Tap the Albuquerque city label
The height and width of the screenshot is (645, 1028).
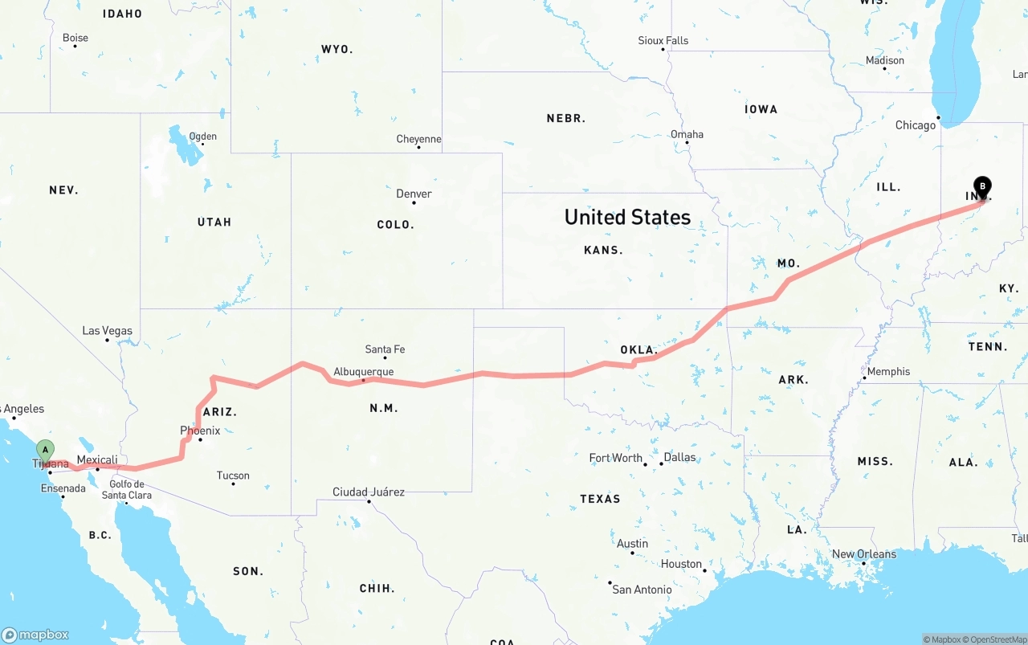[364, 372]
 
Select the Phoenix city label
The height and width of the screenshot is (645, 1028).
[200, 431]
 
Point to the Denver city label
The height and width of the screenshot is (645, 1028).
[414, 194]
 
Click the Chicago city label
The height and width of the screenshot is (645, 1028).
[916, 125]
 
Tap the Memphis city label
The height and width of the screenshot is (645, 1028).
[888, 371]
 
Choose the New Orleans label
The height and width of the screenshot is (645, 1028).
[864, 554]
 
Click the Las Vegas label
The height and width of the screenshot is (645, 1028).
[107, 331]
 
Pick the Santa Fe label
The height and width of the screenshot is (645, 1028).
[385, 349]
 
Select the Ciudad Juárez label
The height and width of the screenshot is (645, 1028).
[369, 492]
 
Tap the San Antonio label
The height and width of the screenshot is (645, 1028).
[642, 590]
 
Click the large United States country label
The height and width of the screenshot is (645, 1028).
[627, 217]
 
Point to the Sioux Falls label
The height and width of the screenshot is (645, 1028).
[663, 40]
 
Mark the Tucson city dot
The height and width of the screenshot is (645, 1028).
[233, 484]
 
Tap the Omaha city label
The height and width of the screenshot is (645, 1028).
[687, 134]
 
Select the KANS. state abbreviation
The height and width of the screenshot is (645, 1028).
[603, 250]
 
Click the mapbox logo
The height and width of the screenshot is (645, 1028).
[35, 635]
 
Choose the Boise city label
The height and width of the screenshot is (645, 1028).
[75, 38]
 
